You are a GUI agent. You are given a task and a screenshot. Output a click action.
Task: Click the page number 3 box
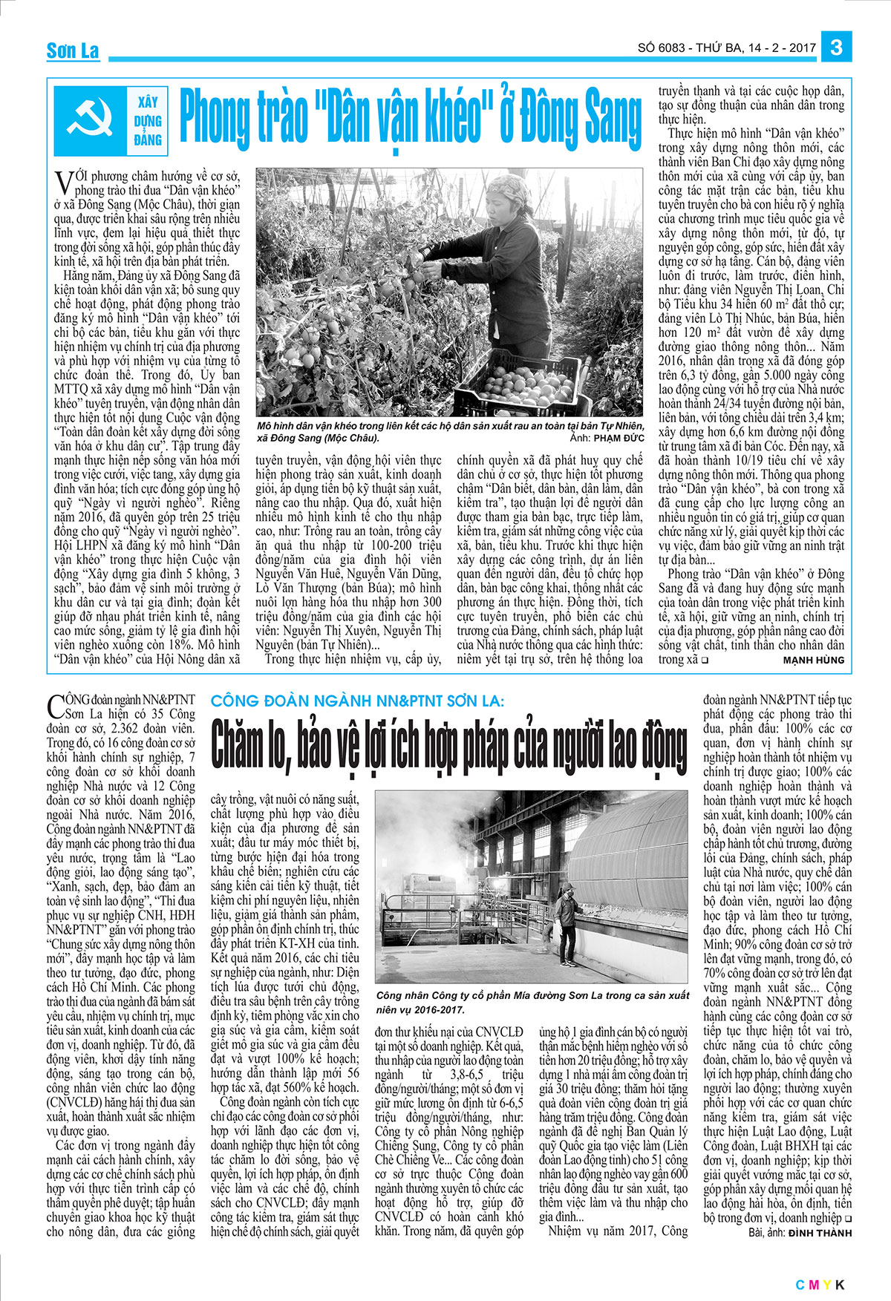(x=837, y=47)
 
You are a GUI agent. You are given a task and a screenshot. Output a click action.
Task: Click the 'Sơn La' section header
(x=72, y=51)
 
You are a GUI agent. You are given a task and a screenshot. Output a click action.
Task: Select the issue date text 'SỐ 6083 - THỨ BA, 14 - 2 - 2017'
(x=726, y=48)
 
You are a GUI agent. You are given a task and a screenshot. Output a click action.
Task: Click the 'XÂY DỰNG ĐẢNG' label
(x=148, y=120)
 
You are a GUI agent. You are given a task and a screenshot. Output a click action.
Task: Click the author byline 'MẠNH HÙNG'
(x=813, y=660)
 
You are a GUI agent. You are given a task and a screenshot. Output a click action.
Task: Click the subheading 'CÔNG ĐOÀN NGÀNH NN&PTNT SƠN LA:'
(x=357, y=701)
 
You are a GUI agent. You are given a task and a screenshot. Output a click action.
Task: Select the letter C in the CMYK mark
(x=800, y=1285)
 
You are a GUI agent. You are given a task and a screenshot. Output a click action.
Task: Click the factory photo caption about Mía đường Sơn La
(x=532, y=1002)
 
